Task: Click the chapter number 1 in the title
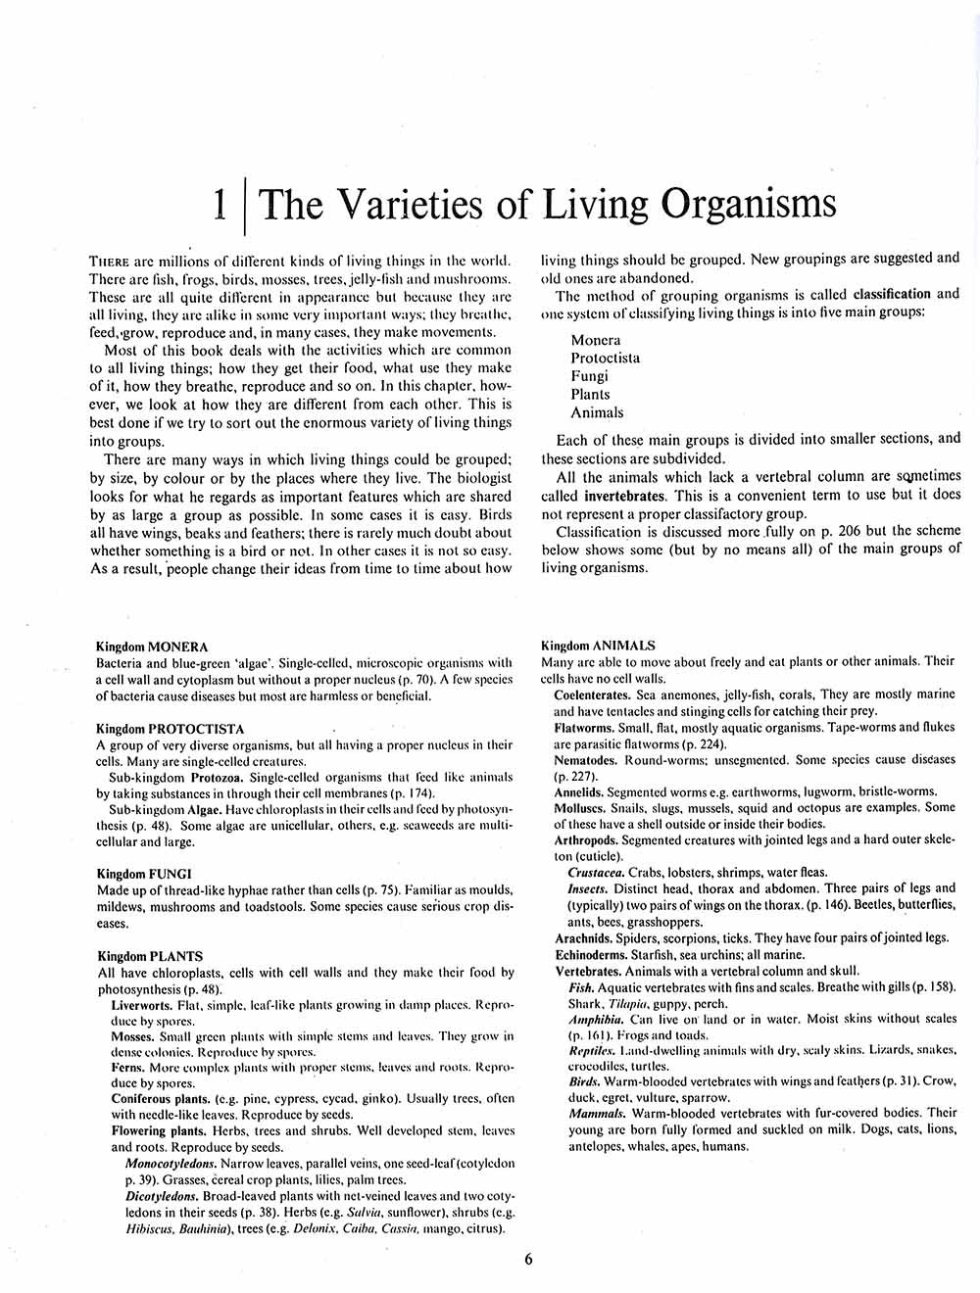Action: tap(221, 205)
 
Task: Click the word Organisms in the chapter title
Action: tap(748, 205)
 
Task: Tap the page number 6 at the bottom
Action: tap(528, 1259)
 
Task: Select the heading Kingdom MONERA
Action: tap(152, 646)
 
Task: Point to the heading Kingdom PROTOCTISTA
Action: tap(171, 729)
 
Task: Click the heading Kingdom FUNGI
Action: tap(144, 873)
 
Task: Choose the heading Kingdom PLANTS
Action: tap(150, 956)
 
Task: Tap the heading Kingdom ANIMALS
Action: tap(598, 646)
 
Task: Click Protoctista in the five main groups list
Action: tap(606, 358)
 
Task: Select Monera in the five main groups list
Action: tap(596, 340)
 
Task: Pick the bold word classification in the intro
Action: tap(892, 294)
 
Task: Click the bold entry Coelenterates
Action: tap(593, 694)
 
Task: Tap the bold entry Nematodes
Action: tap(585, 760)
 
